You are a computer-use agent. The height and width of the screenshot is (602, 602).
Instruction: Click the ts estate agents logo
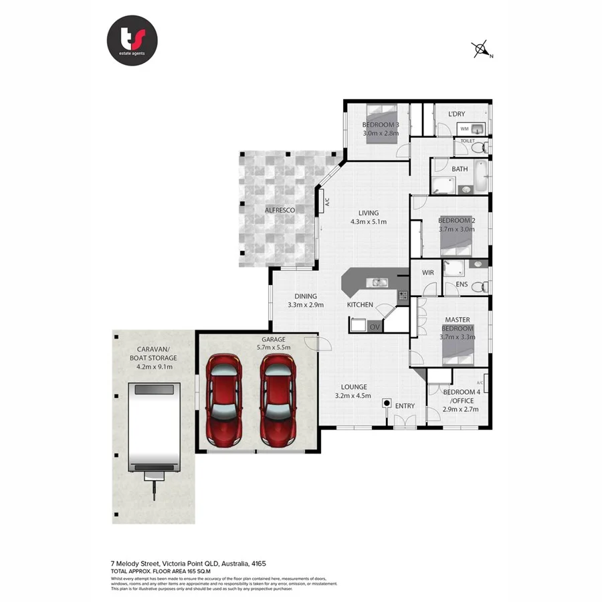point(132,41)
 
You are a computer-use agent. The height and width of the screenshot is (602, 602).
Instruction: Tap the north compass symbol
point(481,49)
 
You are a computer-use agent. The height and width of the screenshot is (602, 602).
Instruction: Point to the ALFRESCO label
point(280,210)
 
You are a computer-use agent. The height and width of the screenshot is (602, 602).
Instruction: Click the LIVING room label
point(368,213)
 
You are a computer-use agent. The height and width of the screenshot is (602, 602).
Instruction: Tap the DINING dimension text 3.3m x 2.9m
point(305,305)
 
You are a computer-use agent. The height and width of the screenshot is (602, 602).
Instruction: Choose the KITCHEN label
point(360,305)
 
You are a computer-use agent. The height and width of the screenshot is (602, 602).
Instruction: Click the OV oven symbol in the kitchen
point(374,326)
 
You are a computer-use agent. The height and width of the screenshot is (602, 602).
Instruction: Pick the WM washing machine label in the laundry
point(464,128)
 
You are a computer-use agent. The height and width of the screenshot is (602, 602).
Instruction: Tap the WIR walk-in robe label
point(428,272)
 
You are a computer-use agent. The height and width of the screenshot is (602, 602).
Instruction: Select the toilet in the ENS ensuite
point(478,287)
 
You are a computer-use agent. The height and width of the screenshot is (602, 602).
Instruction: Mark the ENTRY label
point(405,406)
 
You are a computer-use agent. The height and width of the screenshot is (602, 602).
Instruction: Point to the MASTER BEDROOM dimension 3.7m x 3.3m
point(458,338)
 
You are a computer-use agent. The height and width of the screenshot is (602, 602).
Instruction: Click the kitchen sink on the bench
point(379,282)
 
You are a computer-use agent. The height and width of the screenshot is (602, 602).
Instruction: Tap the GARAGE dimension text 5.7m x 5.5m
point(274,348)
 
